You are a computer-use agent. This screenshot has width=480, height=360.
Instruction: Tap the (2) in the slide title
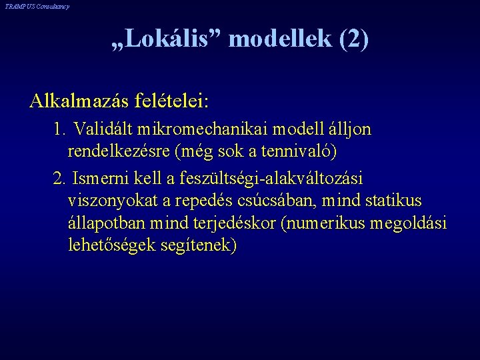click(x=353, y=39)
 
